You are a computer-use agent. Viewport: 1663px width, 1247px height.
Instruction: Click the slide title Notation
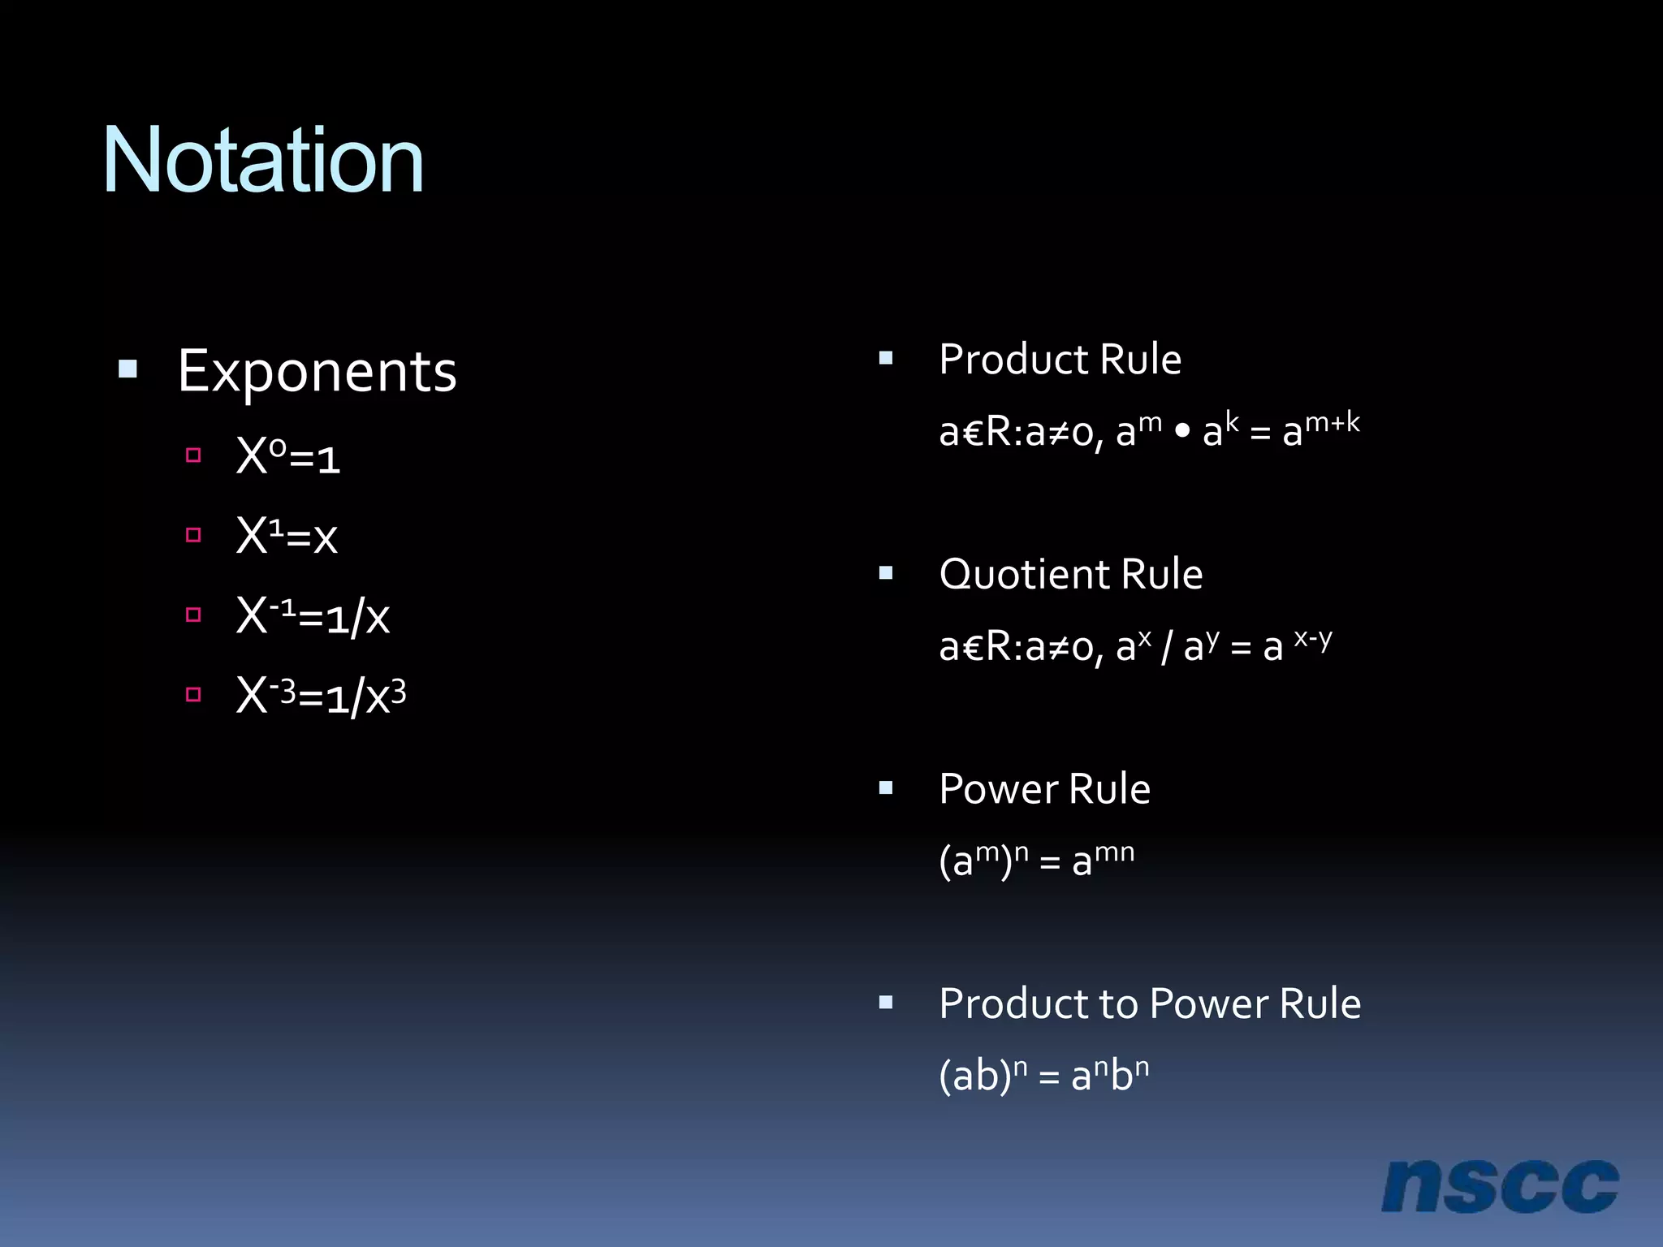[263, 161]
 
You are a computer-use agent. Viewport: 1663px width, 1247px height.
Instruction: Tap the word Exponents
[317, 372]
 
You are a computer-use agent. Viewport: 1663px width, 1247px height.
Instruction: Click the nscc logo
[1499, 1186]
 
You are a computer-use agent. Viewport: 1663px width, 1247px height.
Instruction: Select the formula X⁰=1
[287, 457]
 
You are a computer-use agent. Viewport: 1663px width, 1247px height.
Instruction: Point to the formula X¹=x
[286, 537]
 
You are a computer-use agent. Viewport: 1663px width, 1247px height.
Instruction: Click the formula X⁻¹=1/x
[313, 616]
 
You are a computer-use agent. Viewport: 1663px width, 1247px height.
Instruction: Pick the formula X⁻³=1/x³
[321, 696]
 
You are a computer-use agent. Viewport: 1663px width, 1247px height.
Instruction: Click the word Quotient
[1024, 575]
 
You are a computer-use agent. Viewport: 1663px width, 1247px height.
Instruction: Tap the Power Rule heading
[1044, 789]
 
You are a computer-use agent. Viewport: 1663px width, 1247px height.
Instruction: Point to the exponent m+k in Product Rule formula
[1332, 422]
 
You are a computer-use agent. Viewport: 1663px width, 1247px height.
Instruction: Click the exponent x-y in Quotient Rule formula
[1312, 638]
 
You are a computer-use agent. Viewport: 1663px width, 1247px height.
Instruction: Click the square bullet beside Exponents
[127, 370]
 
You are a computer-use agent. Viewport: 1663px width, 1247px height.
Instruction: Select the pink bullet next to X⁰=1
[193, 455]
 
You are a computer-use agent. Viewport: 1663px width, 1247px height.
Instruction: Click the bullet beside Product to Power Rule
[886, 1003]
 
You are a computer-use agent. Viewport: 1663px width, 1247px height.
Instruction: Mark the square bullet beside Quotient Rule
[886, 573]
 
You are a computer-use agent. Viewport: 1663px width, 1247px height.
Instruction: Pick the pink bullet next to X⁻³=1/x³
[193, 694]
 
